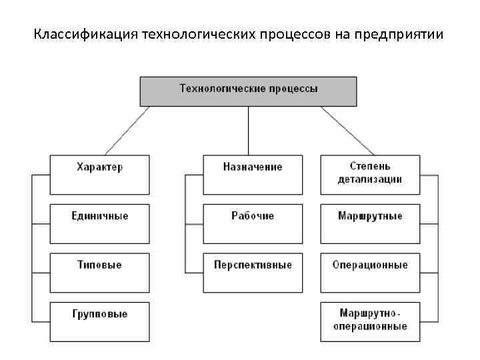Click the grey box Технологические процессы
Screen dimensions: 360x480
[x=248, y=91]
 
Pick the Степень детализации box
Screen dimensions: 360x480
[x=370, y=174]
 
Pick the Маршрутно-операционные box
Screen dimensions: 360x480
[x=370, y=321]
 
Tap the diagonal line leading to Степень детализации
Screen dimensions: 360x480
[x=348, y=131]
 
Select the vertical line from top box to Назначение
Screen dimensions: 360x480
[x=249, y=131]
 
